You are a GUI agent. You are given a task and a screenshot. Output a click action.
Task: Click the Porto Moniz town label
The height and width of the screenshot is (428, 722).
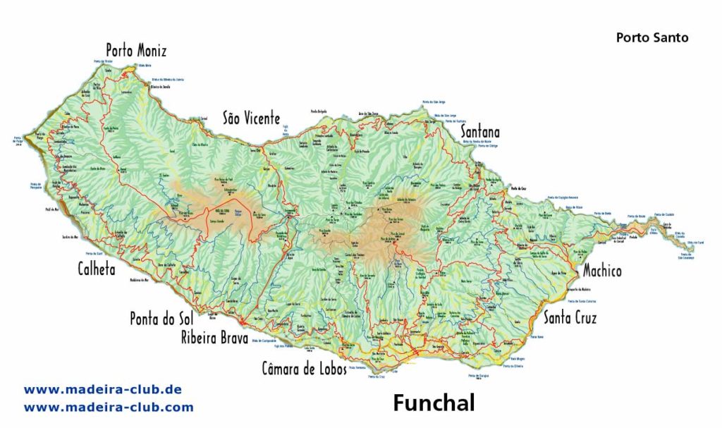click(137, 51)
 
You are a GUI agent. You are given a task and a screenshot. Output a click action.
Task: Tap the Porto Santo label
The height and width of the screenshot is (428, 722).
click(652, 37)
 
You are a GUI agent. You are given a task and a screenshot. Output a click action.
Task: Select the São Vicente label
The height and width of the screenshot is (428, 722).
click(252, 118)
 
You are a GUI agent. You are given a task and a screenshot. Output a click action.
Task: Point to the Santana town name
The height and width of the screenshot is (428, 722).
click(480, 132)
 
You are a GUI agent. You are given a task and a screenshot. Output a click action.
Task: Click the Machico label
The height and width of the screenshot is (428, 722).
click(602, 271)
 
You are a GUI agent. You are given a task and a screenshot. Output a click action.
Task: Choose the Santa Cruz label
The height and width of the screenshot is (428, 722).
click(570, 318)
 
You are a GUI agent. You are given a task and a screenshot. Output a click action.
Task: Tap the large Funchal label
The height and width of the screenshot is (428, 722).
click(434, 403)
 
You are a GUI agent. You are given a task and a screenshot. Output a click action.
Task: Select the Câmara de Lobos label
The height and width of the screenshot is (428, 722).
click(304, 368)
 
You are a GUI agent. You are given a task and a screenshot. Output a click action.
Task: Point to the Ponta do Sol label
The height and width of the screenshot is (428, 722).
click(161, 319)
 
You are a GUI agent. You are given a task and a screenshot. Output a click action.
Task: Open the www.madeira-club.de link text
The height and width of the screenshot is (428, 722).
click(103, 389)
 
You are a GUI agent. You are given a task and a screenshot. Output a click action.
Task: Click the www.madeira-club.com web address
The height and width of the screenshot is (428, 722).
click(109, 407)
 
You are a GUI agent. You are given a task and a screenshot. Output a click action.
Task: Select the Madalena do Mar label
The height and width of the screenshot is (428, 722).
click(139, 280)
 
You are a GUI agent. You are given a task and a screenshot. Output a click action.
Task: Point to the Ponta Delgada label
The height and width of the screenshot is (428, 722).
click(319, 111)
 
